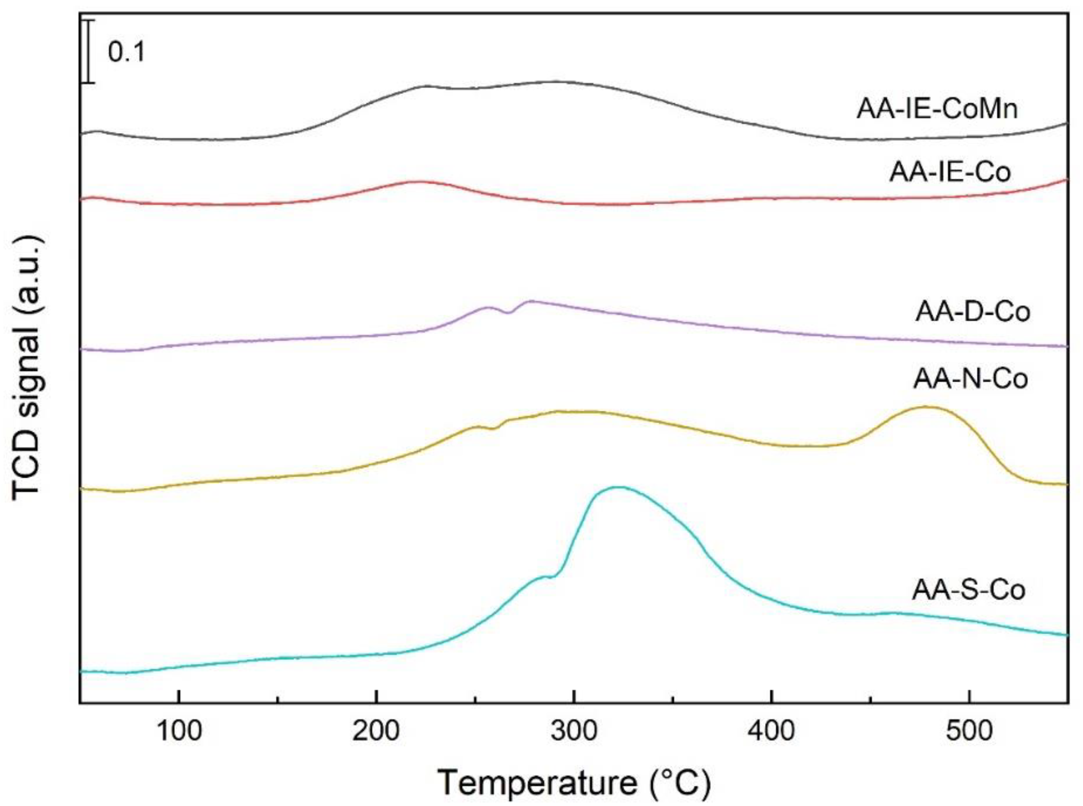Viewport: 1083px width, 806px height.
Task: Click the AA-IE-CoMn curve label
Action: point(937,109)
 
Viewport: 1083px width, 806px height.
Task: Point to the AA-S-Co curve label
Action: point(969,590)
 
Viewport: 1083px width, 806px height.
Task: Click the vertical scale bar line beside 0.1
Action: point(88,51)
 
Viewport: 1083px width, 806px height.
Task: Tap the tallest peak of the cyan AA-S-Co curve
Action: point(617,487)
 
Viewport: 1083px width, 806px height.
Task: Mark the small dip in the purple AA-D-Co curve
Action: point(509,313)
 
